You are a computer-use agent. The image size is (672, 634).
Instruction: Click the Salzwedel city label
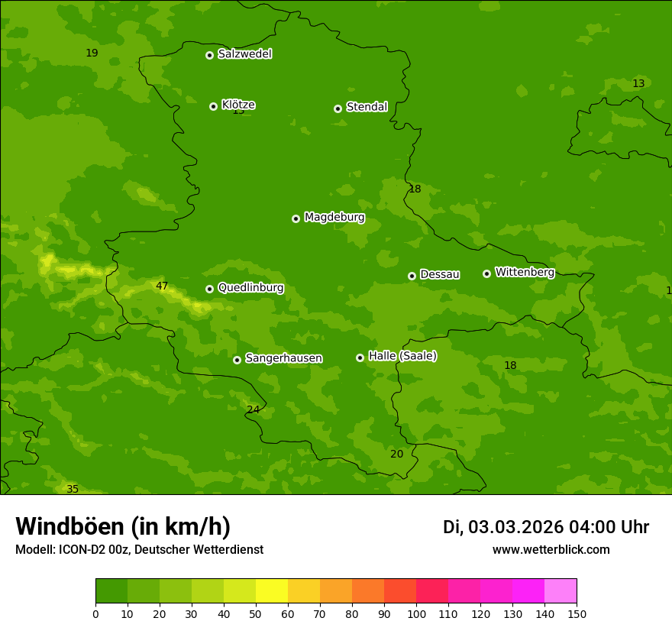click(244, 54)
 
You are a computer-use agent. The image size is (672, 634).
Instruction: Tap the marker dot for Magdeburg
click(296, 218)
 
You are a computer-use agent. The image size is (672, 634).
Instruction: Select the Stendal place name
click(367, 107)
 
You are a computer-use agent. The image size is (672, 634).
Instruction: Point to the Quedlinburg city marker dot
click(209, 289)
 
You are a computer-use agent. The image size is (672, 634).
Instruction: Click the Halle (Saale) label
click(402, 356)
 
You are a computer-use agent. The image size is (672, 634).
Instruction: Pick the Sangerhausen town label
click(283, 358)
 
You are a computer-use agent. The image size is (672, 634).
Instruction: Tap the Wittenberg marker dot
click(486, 273)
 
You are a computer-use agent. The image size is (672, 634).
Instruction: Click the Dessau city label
click(440, 274)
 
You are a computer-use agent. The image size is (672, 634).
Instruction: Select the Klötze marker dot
click(213, 106)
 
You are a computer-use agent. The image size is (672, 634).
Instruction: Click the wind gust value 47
click(162, 286)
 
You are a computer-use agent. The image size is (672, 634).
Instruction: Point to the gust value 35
click(73, 489)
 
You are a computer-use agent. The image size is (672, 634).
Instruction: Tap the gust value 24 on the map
click(253, 409)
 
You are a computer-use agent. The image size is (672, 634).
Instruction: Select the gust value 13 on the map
click(638, 83)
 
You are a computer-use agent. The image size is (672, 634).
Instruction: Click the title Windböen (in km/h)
click(123, 526)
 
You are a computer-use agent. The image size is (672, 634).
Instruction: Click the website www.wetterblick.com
click(551, 550)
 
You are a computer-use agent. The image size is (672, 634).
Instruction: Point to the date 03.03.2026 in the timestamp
click(515, 527)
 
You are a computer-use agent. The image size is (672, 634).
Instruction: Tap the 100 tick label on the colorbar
click(416, 614)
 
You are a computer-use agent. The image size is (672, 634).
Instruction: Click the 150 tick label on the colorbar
click(577, 614)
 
